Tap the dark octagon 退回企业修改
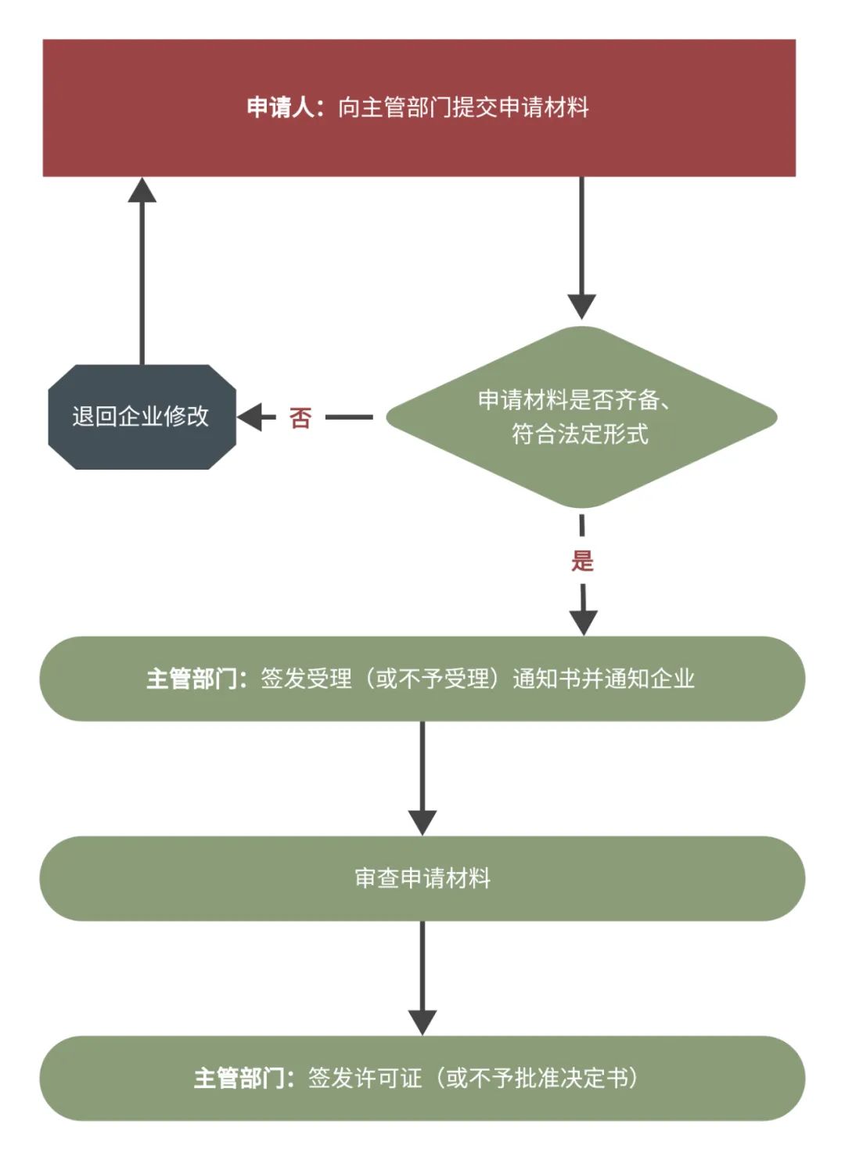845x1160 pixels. coord(142,416)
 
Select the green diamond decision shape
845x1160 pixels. coord(581,470)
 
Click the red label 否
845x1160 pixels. coord(300,418)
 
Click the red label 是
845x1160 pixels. coord(582,560)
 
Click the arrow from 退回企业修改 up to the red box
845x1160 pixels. coord(142,274)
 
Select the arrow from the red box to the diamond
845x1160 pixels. coord(581,243)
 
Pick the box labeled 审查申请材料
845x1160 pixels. coord(422,878)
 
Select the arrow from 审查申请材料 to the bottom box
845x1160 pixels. coord(422,974)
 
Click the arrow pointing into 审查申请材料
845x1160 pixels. coord(422,775)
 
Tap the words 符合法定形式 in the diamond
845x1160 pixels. coord(580,434)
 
